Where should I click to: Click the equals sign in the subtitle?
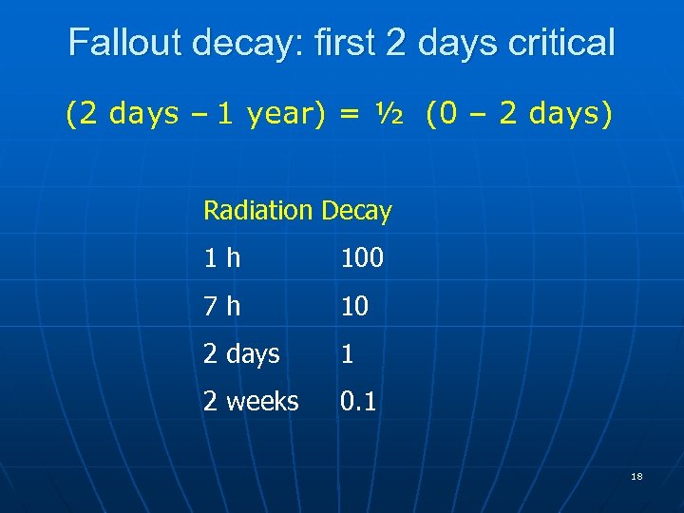coord(350,115)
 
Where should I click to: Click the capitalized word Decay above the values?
coord(356,211)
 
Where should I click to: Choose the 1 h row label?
coord(222,258)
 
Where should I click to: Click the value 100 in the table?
coord(362,258)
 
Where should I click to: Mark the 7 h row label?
coord(222,306)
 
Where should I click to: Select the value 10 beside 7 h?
coord(354,306)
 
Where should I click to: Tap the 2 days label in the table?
coord(241,354)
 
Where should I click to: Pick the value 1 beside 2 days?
coord(348,354)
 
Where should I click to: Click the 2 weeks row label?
coord(251,402)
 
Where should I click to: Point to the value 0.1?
coord(358,402)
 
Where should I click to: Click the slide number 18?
coord(636,476)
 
